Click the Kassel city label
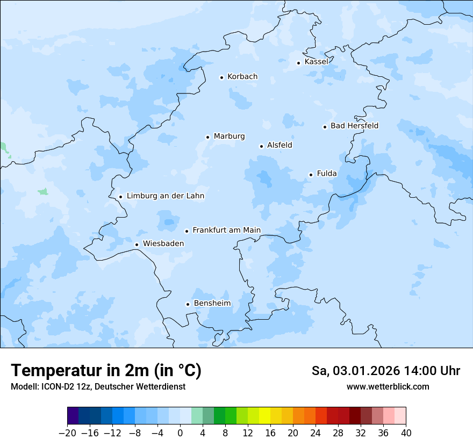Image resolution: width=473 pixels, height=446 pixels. pos(316,62)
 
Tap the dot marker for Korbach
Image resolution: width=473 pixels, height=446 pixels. pos(221,77)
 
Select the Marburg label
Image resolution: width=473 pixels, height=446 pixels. pos(229,136)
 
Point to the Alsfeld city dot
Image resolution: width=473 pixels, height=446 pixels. pos(261,146)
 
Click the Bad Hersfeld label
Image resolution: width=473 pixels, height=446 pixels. pos(354,126)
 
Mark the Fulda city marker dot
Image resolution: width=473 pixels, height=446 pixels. pos(311,175)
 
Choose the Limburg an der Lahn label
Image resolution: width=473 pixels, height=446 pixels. pos(166,196)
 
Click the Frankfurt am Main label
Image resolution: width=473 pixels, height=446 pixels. pos(226,230)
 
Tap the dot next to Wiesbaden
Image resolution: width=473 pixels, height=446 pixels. pos(137,245)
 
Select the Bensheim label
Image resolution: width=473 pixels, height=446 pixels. pos(212,303)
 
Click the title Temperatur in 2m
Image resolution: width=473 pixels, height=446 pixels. pos(106,370)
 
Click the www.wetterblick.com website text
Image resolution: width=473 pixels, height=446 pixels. pos(388,386)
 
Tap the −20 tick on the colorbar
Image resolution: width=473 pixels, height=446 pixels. pos(67,433)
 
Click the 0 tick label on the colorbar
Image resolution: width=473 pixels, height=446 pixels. pos(180,433)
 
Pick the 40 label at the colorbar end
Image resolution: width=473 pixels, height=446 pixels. pos(406,433)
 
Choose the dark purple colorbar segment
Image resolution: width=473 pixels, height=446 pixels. pos(73,416)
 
